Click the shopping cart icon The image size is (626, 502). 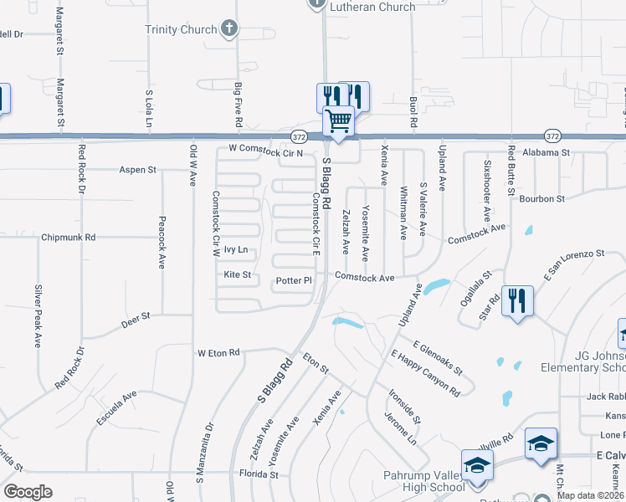pos(339,122)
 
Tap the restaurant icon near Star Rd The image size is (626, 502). pos(516,300)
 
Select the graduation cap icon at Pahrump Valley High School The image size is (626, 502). pos(477,465)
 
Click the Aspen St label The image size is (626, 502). pos(138,170)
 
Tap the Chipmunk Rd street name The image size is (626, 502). pos(69,238)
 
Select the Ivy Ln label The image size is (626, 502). pos(236,250)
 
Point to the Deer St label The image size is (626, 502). pos(136,317)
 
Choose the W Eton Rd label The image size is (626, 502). pos(218,353)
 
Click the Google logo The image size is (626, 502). pos(28,492)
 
